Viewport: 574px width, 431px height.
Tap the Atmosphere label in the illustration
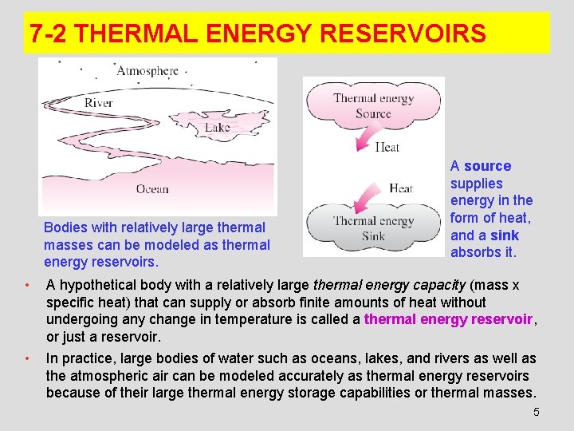click(x=147, y=70)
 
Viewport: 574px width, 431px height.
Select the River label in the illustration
click(x=99, y=103)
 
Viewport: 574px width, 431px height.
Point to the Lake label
click(x=217, y=127)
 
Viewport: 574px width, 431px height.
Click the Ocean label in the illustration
click(x=152, y=189)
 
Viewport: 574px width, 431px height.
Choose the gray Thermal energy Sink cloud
click(x=373, y=228)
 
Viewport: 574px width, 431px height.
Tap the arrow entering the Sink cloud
click(x=360, y=196)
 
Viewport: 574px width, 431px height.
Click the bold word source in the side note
click(x=487, y=166)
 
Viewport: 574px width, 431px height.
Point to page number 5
click(x=536, y=412)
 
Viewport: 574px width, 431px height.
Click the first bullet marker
click(x=27, y=285)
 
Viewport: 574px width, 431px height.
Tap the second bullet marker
click(x=27, y=358)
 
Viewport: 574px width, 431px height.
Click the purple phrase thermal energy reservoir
click(x=448, y=319)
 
